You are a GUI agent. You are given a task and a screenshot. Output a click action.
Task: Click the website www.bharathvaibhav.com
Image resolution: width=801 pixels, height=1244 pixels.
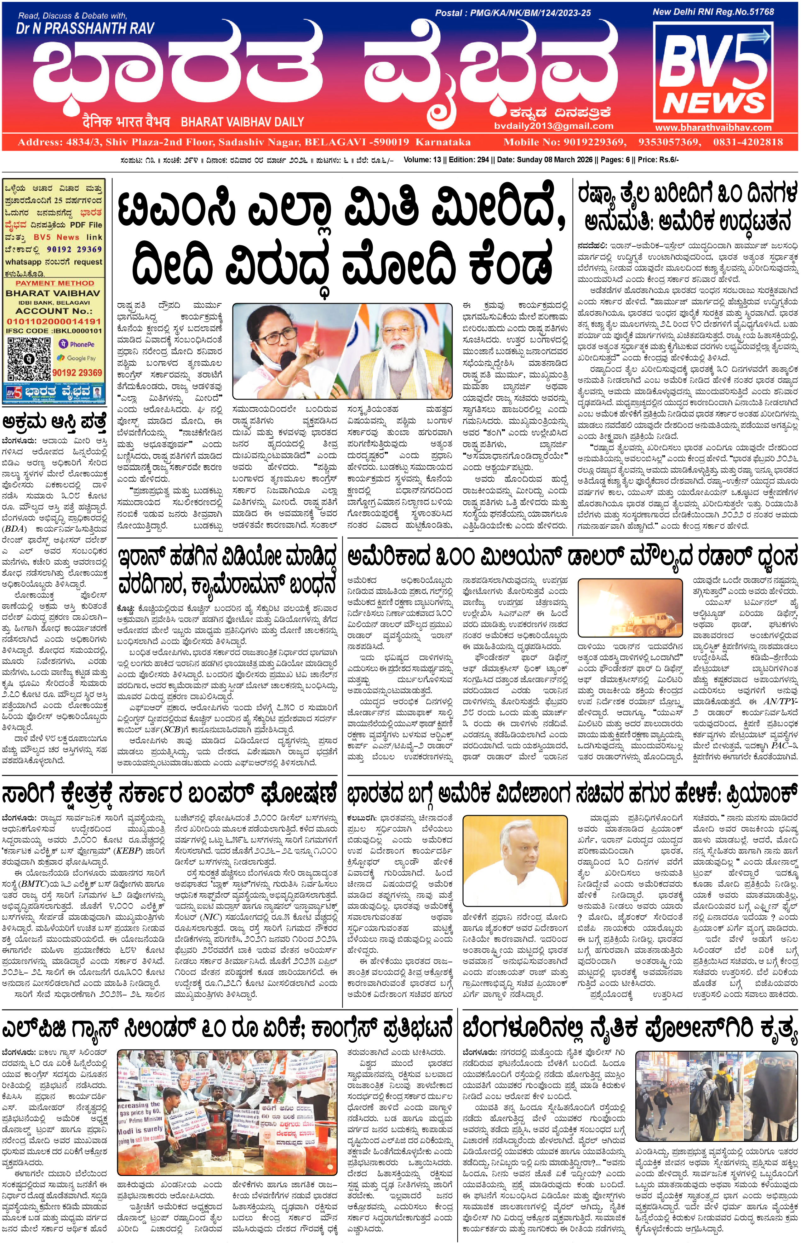[x=713, y=128]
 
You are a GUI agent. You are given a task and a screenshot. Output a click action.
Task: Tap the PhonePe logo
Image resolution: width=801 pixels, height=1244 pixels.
[x=77, y=344]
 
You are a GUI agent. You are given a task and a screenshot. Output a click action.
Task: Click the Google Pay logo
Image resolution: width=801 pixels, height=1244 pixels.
[x=77, y=358]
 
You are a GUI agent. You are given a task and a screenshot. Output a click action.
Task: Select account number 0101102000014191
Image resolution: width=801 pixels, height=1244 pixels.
[x=54, y=321]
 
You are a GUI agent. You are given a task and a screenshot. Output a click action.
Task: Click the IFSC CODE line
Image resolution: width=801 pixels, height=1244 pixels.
[x=54, y=331]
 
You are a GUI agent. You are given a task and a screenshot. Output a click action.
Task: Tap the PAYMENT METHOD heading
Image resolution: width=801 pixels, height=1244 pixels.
[x=54, y=283]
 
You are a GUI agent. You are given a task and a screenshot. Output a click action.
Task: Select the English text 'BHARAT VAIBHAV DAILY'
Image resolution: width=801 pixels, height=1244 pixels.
[x=243, y=122]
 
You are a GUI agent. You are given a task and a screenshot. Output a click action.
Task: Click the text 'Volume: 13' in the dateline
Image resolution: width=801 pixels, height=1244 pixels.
[x=422, y=160]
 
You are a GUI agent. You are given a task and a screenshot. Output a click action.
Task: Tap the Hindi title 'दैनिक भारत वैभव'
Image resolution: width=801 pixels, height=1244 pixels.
[x=126, y=122]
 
